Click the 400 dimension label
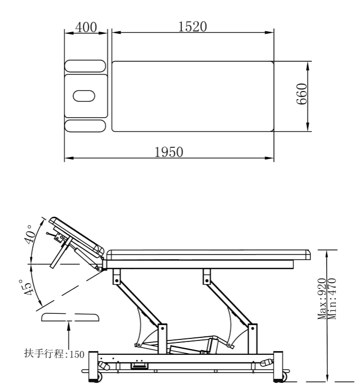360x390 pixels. click(x=86, y=27)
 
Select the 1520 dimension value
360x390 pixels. click(x=192, y=27)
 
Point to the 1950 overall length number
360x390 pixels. click(x=169, y=152)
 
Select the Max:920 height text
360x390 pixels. click(x=322, y=299)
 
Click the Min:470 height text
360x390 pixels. click(x=332, y=299)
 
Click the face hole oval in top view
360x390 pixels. click(x=84, y=96)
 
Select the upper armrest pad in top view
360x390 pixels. click(x=85, y=66)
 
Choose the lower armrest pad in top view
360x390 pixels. click(x=85, y=126)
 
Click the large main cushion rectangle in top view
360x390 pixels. click(x=192, y=96)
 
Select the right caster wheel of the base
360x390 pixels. click(x=281, y=377)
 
